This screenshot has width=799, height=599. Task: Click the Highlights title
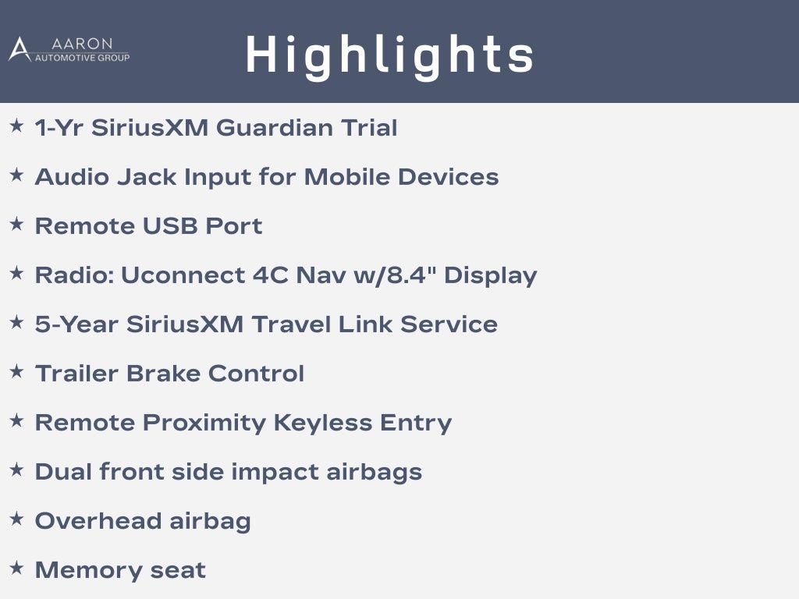(x=390, y=56)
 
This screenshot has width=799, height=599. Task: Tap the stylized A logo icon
(x=20, y=49)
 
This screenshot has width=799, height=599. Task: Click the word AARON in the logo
(x=81, y=44)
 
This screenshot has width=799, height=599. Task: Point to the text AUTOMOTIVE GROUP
(x=82, y=58)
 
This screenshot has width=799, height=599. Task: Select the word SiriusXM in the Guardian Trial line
(x=150, y=127)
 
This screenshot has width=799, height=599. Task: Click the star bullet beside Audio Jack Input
(x=17, y=175)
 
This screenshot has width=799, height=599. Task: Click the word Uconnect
(x=183, y=275)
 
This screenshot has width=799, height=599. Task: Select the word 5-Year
(x=76, y=324)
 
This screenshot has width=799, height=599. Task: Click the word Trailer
(x=76, y=374)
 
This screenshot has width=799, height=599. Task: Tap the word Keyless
(x=323, y=423)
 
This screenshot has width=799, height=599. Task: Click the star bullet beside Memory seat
(x=17, y=568)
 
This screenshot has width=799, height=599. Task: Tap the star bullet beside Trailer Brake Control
(x=17, y=371)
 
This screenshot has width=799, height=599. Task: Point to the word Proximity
(x=204, y=424)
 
